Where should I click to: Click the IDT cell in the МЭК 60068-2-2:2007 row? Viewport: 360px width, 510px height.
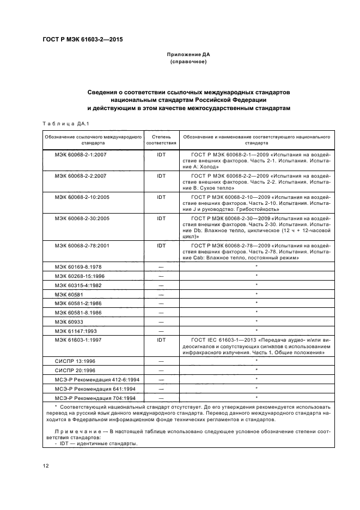tap(161, 175)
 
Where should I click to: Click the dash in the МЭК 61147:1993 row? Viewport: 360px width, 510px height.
tap(161, 330)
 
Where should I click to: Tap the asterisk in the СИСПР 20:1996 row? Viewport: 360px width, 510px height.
tap(257, 371)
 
